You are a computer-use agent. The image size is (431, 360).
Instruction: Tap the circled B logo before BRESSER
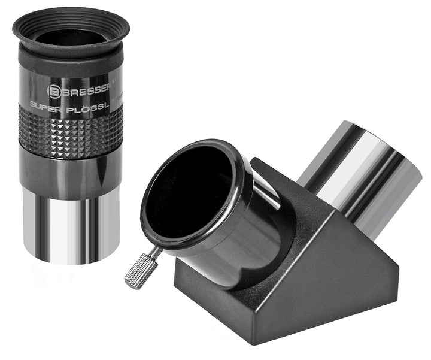(53, 91)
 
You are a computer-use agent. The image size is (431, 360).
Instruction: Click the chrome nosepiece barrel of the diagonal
(359, 174)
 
